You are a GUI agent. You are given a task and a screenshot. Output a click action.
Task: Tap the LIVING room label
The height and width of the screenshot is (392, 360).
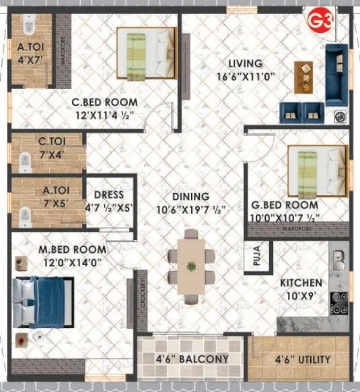[244, 64]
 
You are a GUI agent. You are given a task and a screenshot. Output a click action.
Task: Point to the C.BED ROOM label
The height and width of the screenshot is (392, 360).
[106, 102]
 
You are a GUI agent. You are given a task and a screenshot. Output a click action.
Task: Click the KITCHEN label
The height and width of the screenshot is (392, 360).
[301, 282]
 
